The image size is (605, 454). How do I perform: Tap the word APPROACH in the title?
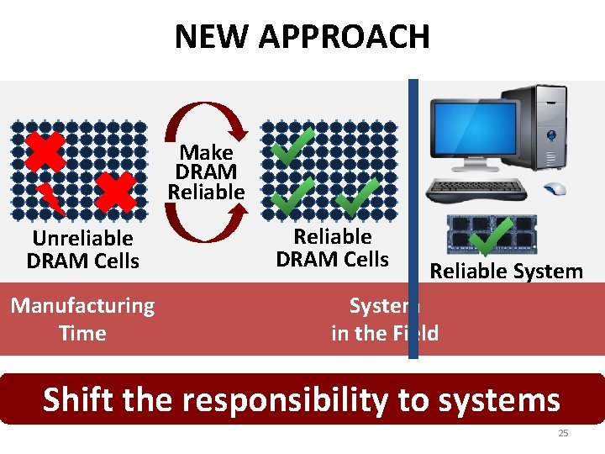click(345, 36)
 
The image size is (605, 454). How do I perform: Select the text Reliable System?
click(506, 271)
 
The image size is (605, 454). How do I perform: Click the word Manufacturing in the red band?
click(82, 305)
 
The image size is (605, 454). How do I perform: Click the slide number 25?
click(563, 433)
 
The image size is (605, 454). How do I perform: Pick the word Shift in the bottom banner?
click(79, 399)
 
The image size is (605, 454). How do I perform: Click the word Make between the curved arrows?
click(207, 152)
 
